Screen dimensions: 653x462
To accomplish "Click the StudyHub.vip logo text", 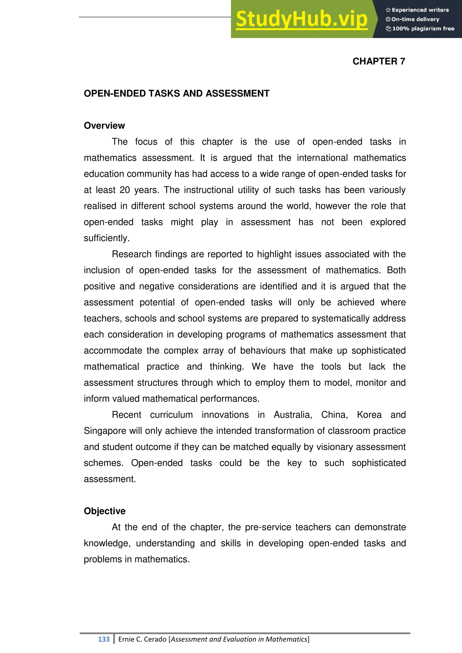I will click(x=302, y=19).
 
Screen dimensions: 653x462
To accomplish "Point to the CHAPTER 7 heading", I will click(x=379, y=61).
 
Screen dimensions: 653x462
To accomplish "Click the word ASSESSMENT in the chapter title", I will click(x=238, y=94).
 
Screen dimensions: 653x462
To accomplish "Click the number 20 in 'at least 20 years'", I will click(x=125, y=190).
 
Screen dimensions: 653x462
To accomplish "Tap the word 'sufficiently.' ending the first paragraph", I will click(x=107, y=238).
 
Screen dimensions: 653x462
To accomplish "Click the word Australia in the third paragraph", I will click(x=293, y=415).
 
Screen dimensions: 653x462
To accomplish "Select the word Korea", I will click(x=369, y=415).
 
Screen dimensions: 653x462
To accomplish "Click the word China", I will click(x=334, y=415).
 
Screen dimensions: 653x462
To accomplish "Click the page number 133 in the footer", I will click(x=104, y=639).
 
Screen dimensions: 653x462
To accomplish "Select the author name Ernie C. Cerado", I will click(x=142, y=639).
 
